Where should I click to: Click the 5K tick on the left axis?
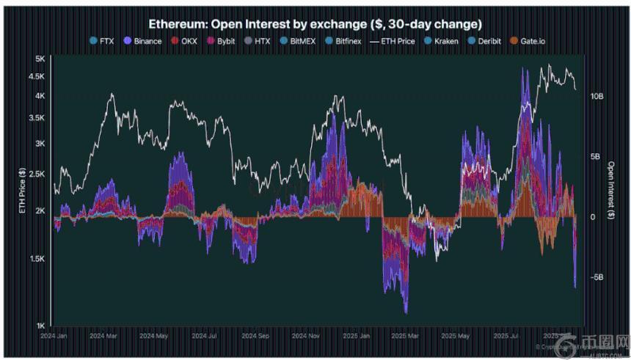40,58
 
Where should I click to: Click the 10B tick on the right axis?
596,96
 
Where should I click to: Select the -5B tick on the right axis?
596,277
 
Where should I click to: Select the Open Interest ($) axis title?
611,192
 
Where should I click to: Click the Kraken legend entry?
442,41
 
